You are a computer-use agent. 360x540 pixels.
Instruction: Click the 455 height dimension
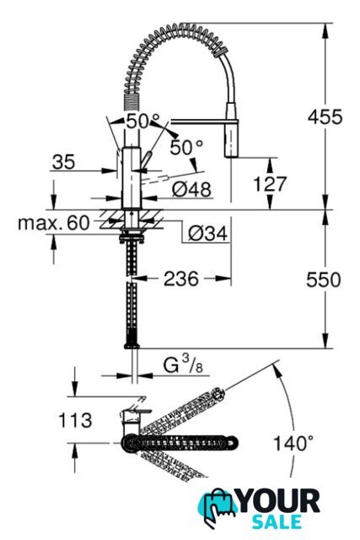click(x=325, y=116)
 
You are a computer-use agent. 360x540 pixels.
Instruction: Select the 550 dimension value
click(x=324, y=279)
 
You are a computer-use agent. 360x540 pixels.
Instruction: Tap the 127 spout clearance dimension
click(x=270, y=184)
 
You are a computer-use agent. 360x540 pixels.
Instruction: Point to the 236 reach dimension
click(x=181, y=278)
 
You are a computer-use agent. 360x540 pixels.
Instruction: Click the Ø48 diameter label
click(x=191, y=189)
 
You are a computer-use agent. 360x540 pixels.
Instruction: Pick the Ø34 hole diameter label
click(x=208, y=234)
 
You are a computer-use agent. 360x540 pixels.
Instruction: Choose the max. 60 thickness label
click(x=53, y=223)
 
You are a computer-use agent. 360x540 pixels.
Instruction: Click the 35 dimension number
click(x=63, y=161)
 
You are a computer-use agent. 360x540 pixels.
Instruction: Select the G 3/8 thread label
click(x=183, y=364)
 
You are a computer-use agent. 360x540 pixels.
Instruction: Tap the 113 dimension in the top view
click(x=75, y=420)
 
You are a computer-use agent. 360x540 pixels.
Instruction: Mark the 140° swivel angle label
click(x=293, y=442)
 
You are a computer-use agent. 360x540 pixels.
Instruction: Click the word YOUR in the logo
click(x=279, y=501)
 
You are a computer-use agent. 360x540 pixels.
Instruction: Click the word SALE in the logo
click(x=277, y=521)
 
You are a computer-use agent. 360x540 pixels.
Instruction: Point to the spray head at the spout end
click(x=232, y=130)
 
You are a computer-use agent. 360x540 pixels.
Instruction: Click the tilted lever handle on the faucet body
click(x=146, y=160)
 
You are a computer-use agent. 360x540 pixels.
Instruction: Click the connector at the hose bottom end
click(x=132, y=343)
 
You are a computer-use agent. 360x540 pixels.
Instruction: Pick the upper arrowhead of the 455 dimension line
click(x=325, y=30)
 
